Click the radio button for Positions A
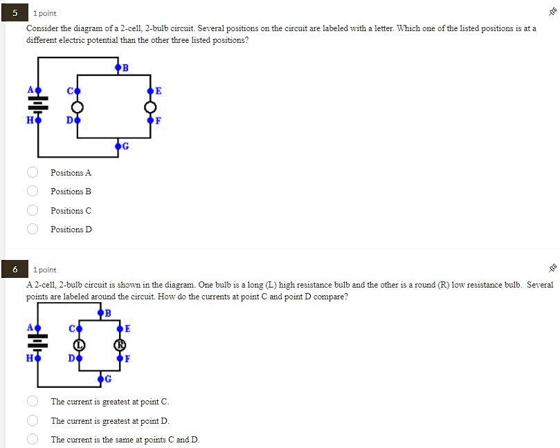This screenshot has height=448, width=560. tap(32, 172)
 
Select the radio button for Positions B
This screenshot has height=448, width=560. tap(32, 192)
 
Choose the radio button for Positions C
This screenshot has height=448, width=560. tap(32, 210)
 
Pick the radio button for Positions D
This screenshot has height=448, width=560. tap(32, 229)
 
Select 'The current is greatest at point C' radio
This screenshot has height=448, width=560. tap(32, 401)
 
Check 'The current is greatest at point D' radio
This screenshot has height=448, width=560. tap(32, 420)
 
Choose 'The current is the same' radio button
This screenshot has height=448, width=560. tap(32, 439)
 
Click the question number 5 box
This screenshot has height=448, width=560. tap(15, 13)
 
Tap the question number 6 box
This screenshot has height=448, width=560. tap(15, 270)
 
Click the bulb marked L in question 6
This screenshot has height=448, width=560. tap(78, 344)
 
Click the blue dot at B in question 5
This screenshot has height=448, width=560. tap(118, 68)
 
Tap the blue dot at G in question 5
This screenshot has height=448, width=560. tap(118, 147)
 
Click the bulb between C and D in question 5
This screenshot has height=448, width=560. tap(78, 106)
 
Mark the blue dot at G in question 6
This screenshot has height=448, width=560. tap(100, 380)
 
